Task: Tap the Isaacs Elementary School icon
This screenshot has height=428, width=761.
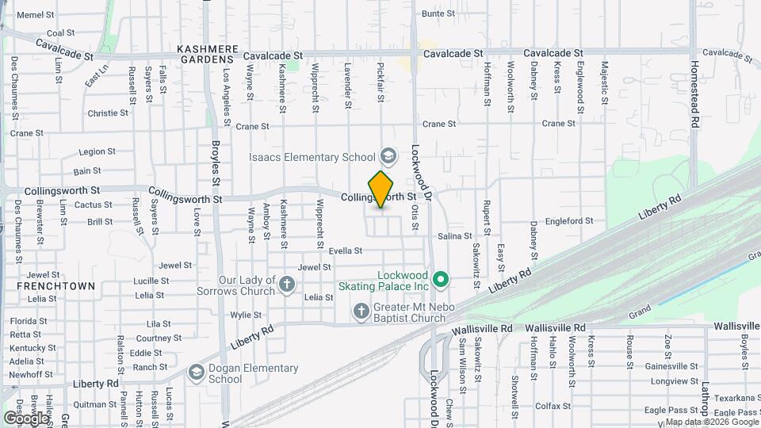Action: click(x=388, y=154)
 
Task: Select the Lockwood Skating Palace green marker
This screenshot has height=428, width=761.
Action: click(x=442, y=280)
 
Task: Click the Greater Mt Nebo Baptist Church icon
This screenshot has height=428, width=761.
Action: click(x=361, y=310)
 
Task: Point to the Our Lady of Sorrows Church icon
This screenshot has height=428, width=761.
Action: click(x=287, y=282)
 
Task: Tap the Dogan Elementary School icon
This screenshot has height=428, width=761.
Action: click(x=196, y=372)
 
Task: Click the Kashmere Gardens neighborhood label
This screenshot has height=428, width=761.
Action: click(x=208, y=54)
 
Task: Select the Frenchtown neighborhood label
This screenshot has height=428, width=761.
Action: click(x=49, y=286)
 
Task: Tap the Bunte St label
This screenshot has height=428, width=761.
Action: click(x=438, y=13)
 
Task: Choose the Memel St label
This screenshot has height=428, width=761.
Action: click(x=35, y=15)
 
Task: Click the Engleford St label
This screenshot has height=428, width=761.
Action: click(x=570, y=221)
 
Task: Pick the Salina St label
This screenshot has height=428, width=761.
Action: click(x=455, y=236)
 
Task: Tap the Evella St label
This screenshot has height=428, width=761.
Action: click(x=345, y=250)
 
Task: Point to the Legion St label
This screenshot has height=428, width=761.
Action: click(x=98, y=151)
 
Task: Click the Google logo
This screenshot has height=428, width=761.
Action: click(x=26, y=418)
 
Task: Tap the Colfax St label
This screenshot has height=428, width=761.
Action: click(x=548, y=406)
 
